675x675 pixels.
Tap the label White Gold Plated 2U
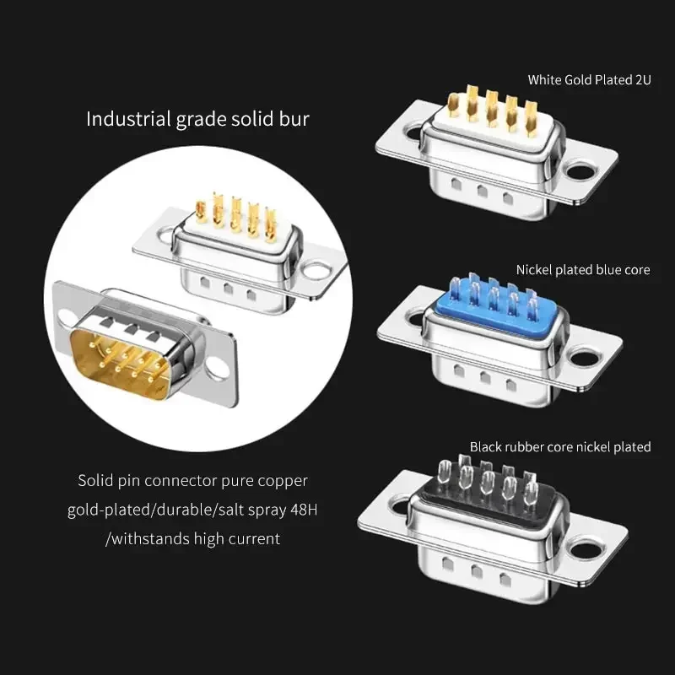pos(589,79)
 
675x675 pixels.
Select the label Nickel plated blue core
pos(583,270)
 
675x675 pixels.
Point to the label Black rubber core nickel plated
pos(560,447)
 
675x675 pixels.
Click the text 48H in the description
pos(304,510)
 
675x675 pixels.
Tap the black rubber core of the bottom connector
pos(491,495)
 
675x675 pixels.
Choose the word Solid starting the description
pos(95,480)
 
